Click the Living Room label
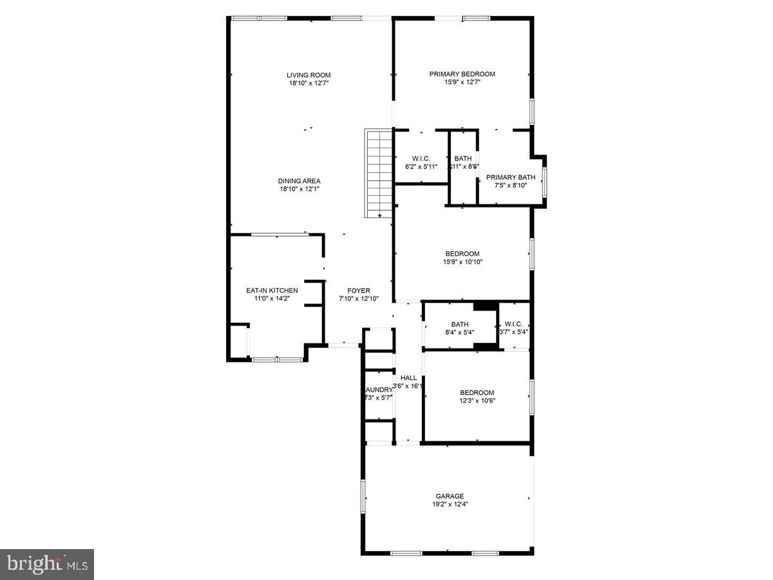pyautogui.click(x=309, y=75)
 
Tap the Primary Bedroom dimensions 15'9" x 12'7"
pyautogui.click(x=462, y=82)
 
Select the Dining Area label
pyautogui.click(x=299, y=181)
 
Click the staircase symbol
pyautogui.click(x=379, y=173)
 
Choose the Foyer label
pyautogui.click(x=358, y=291)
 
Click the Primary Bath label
pyautogui.click(x=510, y=178)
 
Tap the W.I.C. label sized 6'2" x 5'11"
pyautogui.click(x=421, y=159)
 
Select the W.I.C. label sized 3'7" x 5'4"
pyautogui.click(x=513, y=324)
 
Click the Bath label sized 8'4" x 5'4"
pyautogui.click(x=460, y=324)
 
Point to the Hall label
pyautogui.click(x=408, y=378)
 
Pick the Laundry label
pyautogui.click(x=378, y=390)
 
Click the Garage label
pyautogui.click(x=449, y=496)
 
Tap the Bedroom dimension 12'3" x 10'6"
pyautogui.click(x=477, y=400)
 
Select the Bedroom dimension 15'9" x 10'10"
pyautogui.click(x=463, y=262)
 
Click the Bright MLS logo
pyautogui.click(x=47, y=565)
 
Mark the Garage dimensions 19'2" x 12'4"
pyautogui.click(x=449, y=505)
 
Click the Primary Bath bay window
pyautogui.click(x=544, y=182)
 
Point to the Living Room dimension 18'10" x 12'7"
pyautogui.click(x=309, y=83)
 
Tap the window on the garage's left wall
pyautogui.click(x=363, y=497)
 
